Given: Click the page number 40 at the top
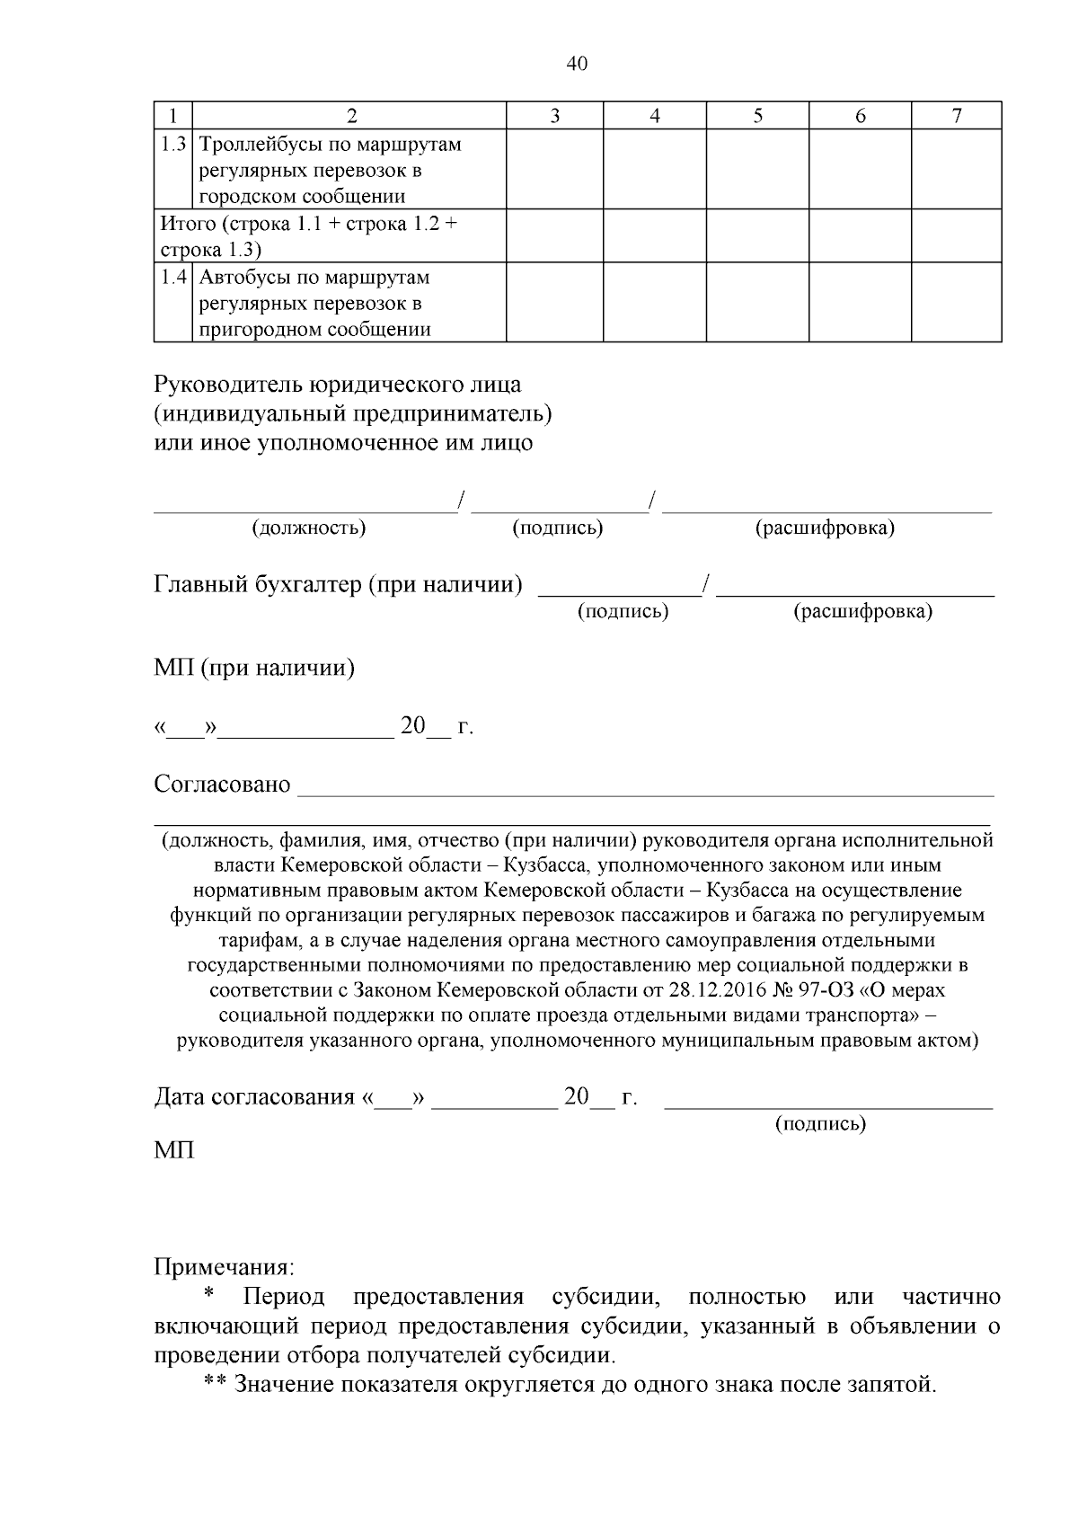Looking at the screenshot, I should [577, 64].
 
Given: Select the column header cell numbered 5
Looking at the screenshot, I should [757, 116].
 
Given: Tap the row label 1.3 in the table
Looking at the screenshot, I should [173, 144].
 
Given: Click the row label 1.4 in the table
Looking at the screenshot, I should [173, 277].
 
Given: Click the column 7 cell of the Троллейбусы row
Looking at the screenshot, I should [956, 169].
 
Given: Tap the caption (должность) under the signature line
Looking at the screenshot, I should [308, 528].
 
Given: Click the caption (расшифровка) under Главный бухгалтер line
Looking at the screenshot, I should [862, 612].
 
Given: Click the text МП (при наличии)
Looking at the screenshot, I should [254, 669].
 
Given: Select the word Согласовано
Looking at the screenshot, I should [222, 785].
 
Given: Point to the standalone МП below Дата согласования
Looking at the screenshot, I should [173, 1150].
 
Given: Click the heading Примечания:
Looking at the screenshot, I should [224, 1268].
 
